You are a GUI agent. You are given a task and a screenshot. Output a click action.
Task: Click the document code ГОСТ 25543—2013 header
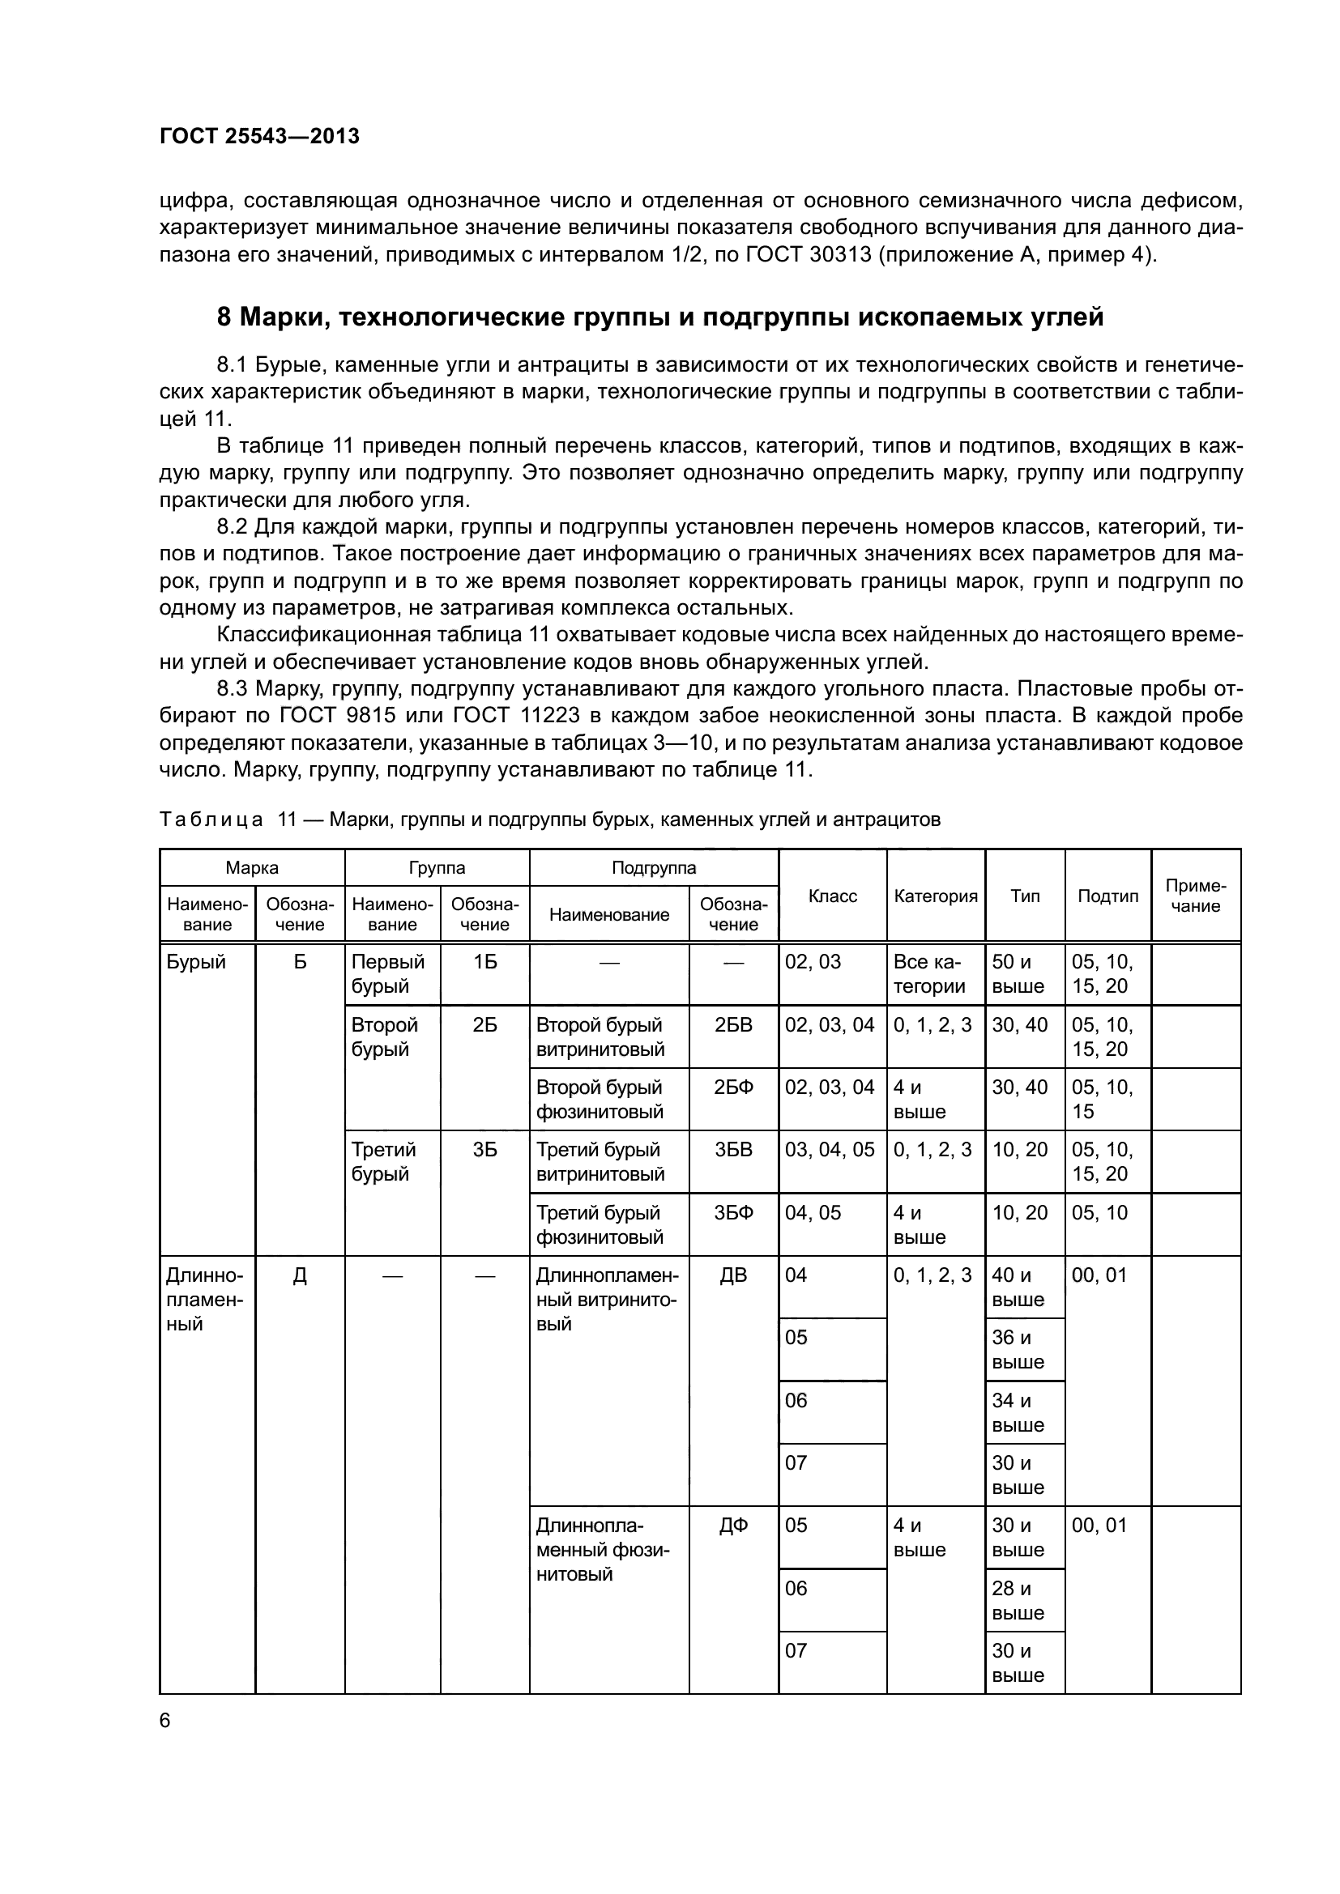pyautogui.click(x=259, y=136)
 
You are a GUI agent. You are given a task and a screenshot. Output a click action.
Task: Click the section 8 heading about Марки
pyautogui.click(x=659, y=317)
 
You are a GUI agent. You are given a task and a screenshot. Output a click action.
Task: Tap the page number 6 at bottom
pyautogui.click(x=165, y=1720)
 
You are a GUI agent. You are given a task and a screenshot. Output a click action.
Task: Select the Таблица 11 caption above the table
pyautogui.click(x=549, y=819)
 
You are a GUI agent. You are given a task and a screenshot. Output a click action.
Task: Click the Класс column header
pyautogui.click(x=832, y=896)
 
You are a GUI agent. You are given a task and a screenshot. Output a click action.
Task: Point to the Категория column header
pyautogui.click(x=935, y=896)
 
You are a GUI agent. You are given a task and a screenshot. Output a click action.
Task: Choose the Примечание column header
pyautogui.click(x=1195, y=896)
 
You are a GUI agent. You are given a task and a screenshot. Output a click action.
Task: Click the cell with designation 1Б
pyautogui.click(x=484, y=962)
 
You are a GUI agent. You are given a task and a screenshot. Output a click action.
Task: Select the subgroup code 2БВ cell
pyautogui.click(x=732, y=1024)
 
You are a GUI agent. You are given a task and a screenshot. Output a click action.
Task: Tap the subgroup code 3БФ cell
pyautogui.click(x=732, y=1213)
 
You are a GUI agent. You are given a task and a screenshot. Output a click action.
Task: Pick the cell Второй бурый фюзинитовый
pyautogui.click(x=600, y=1100)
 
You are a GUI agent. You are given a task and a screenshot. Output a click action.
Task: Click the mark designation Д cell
pyautogui.click(x=300, y=1275)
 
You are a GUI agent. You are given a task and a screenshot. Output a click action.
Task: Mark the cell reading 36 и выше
pyautogui.click(x=1018, y=1351)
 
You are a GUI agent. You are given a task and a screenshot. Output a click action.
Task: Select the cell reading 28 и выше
pyautogui.click(x=1018, y=1600)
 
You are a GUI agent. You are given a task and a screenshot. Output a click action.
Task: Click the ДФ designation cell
pyautogui.click(x=732, y=1526)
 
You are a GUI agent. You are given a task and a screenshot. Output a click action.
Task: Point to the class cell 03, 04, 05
pyautogui.click(x=830, y=1150)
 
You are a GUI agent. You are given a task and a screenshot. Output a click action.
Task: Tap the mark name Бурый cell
pyautogui.click(x=195, y=962)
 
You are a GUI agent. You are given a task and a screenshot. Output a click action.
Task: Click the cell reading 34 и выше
pyautogui.click(x=1018, y=1413)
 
